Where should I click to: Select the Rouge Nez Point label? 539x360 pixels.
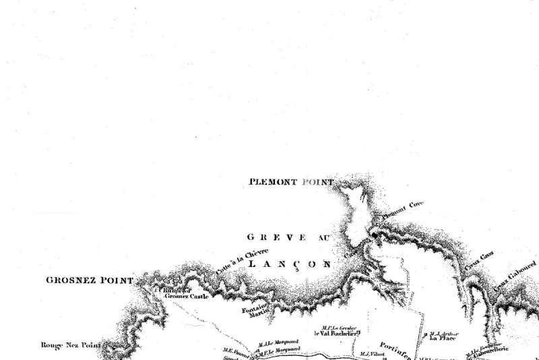tap(69, 345)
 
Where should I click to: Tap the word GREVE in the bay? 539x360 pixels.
tap(268, 237)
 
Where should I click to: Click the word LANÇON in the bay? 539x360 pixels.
tap(290, 264)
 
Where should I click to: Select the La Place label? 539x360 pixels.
tap(443, 338)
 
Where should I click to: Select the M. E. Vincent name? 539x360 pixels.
tap(238, 350)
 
